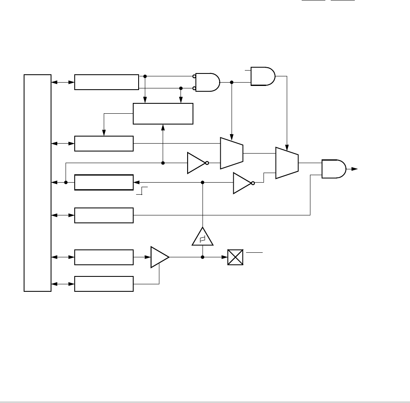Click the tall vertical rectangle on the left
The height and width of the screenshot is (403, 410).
[x=37, y=183]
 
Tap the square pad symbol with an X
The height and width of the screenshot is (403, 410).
[x=235, y=258]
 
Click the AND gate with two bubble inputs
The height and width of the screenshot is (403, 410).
[x=207, y=82]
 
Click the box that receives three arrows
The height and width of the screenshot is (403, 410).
[x=163, y=113]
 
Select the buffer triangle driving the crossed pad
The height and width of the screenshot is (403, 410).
[x=159, y=257]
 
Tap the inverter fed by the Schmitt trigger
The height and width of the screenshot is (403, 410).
[x=242, y=183]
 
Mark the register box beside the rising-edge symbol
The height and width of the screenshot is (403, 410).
[x=104, y=183]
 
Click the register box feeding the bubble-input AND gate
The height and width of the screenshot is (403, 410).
[x=106, y=82]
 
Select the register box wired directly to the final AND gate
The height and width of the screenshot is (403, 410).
[x=104, y=215]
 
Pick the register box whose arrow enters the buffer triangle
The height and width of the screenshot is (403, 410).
[x=104, y=257]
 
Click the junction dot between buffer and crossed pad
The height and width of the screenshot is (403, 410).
[x=203, y=257]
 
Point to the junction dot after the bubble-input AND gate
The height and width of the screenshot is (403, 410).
[x=232, y=82]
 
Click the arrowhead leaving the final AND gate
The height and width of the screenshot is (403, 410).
[x=355, y=169]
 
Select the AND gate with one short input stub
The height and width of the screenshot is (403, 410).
[x=263, y=76]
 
